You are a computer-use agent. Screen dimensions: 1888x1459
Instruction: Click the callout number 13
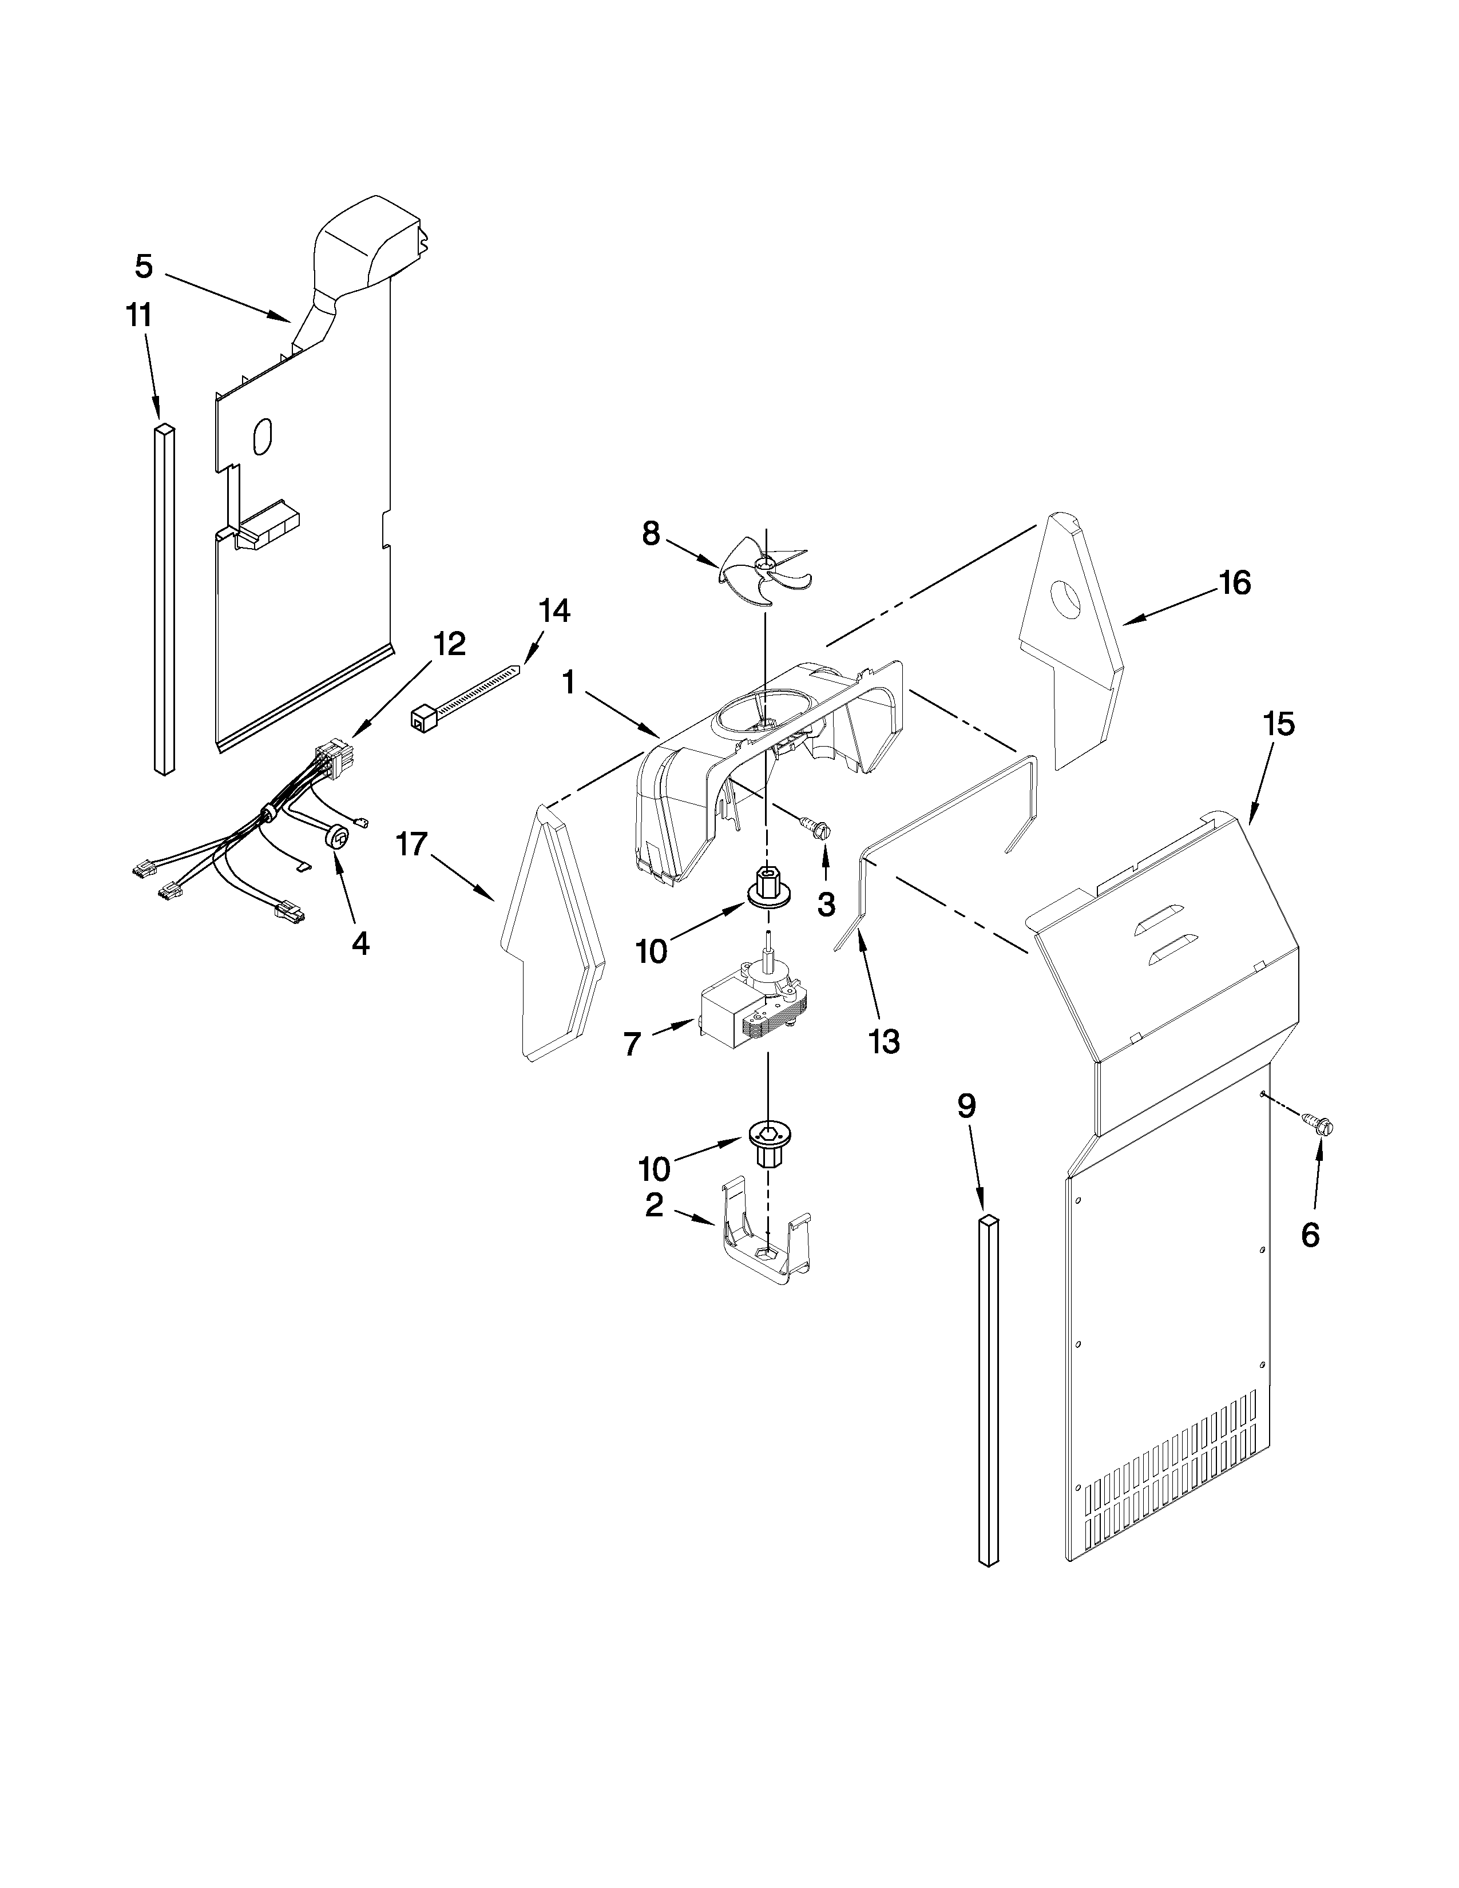pos(884,1042)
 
